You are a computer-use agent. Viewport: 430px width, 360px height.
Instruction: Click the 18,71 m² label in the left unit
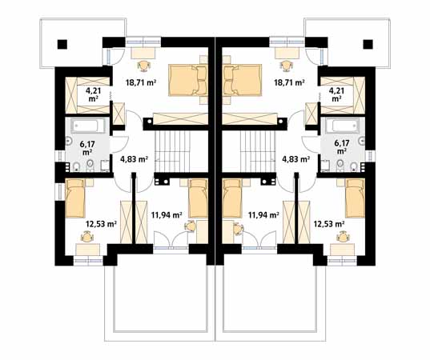coord(141,82)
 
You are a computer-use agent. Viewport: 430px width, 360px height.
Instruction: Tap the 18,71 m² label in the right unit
coord(290,82)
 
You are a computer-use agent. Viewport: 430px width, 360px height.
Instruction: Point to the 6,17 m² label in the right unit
coord(342,147)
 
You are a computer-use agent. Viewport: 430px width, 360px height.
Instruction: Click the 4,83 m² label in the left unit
coord(135,158)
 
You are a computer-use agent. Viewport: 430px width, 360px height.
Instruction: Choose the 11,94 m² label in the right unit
coord(263,214)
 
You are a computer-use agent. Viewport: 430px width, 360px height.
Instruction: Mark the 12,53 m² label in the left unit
coord(102,224)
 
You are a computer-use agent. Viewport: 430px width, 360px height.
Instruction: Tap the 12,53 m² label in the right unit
coord(329,224)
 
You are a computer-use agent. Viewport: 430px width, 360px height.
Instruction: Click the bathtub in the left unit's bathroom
coord(88,126)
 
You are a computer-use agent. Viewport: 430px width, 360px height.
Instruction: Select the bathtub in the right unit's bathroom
coord(342,126)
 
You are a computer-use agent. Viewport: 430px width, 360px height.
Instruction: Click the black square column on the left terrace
coord(62,44)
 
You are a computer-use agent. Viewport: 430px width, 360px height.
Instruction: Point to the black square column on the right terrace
coord(368,44)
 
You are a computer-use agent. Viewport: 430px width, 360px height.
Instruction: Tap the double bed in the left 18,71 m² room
coord(188,80)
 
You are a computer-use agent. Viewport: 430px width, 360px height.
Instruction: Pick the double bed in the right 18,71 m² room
coord(243,80)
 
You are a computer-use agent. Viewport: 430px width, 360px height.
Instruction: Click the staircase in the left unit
coord(172,151)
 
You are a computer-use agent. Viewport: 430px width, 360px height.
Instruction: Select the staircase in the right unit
coord(258,151)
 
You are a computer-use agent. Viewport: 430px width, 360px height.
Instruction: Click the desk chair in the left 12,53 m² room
coord(87,237)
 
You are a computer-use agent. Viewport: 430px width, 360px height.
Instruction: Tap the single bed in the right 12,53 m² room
coord(355,198)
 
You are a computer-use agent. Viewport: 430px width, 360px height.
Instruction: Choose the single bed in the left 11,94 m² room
coord(198,198)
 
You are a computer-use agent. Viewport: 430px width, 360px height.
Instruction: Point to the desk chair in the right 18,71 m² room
coord(286,66)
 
